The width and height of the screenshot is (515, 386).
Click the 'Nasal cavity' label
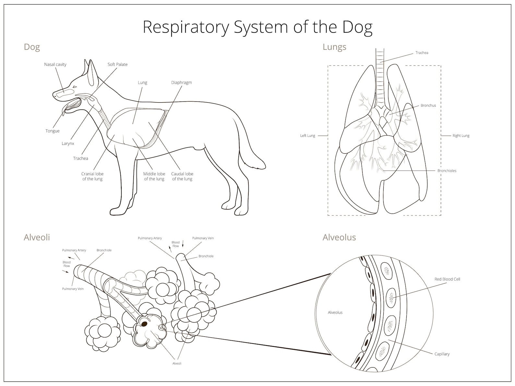pos(55,64)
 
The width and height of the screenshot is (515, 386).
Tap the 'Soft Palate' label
pos(117,64)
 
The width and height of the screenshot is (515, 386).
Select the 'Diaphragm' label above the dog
pos(181,83)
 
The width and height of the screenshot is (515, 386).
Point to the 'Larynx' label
pos(68,144)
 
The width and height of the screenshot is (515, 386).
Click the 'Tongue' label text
pos(52,131)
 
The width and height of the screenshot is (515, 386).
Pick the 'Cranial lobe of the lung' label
pos(92,176)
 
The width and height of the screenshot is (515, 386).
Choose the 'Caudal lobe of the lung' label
pos(182,176)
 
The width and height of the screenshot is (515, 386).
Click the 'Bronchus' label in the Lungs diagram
pos(428,105)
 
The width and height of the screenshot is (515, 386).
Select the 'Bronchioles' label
pos(447,170)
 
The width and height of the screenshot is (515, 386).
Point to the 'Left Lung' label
pos(307,135)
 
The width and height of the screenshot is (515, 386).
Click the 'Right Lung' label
pos(461,135)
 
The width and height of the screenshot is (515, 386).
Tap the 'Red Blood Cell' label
pos(447,279)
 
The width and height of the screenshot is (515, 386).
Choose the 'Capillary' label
pos(442,354)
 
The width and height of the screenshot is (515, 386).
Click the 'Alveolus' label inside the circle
pos(335,312)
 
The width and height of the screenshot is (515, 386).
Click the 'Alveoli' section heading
pos(37,237)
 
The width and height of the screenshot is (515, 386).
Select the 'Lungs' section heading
pos(334,47)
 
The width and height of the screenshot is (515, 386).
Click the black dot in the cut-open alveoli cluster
pos(144,324)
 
